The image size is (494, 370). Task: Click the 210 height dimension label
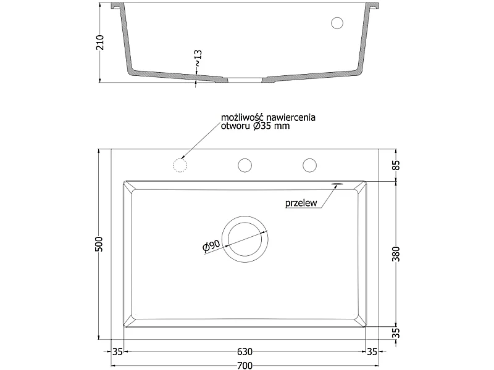pos(100,43)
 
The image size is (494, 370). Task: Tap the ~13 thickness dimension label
pos(198,58)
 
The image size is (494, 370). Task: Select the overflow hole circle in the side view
pos(337,23)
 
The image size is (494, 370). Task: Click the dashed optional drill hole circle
pos(180,165)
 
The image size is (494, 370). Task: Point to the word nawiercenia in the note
pos(290,118)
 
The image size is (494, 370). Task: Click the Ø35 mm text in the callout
pos(271,126)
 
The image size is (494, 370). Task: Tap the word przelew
pos(301,203)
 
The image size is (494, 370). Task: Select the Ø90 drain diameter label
pos(211,246)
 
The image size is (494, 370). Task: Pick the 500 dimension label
pos(99,244)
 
